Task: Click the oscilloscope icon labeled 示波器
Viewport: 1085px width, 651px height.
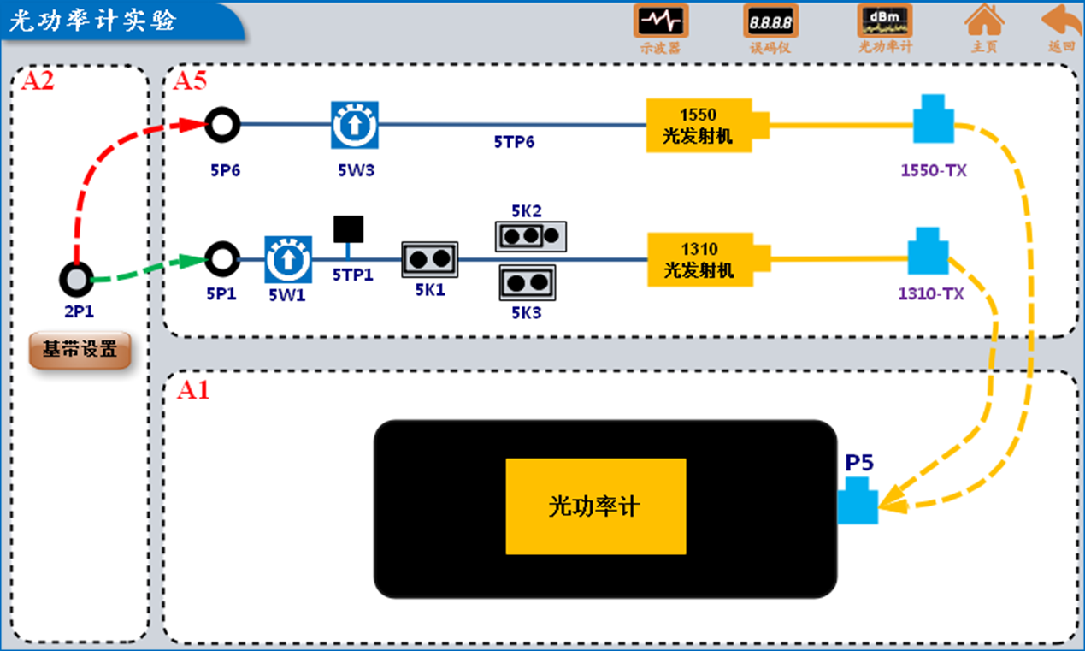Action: [x=660, y=21]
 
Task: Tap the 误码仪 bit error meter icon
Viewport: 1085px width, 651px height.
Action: [x=770, y=21]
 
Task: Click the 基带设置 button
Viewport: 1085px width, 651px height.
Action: [x=80, y=349]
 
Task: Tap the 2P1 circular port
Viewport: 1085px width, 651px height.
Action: [x=76, y=279]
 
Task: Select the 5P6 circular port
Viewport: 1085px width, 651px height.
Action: [x=222, y=125]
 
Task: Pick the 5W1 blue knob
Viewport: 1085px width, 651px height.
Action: [x=287, y=259]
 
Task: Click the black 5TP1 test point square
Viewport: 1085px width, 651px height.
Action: [x=348, y=228]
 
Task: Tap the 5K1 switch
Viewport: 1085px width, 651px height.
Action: [x=430, y=259]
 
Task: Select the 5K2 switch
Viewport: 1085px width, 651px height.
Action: [x=531, y=235]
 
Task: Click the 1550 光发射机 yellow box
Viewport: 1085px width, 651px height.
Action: [x=699, y=125]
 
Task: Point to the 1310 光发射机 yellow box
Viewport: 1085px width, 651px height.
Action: [x=699, y=260]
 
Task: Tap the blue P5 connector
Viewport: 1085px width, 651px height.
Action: [x=858, y=501]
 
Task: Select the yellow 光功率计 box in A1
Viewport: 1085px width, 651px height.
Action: [x=595, y=506]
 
